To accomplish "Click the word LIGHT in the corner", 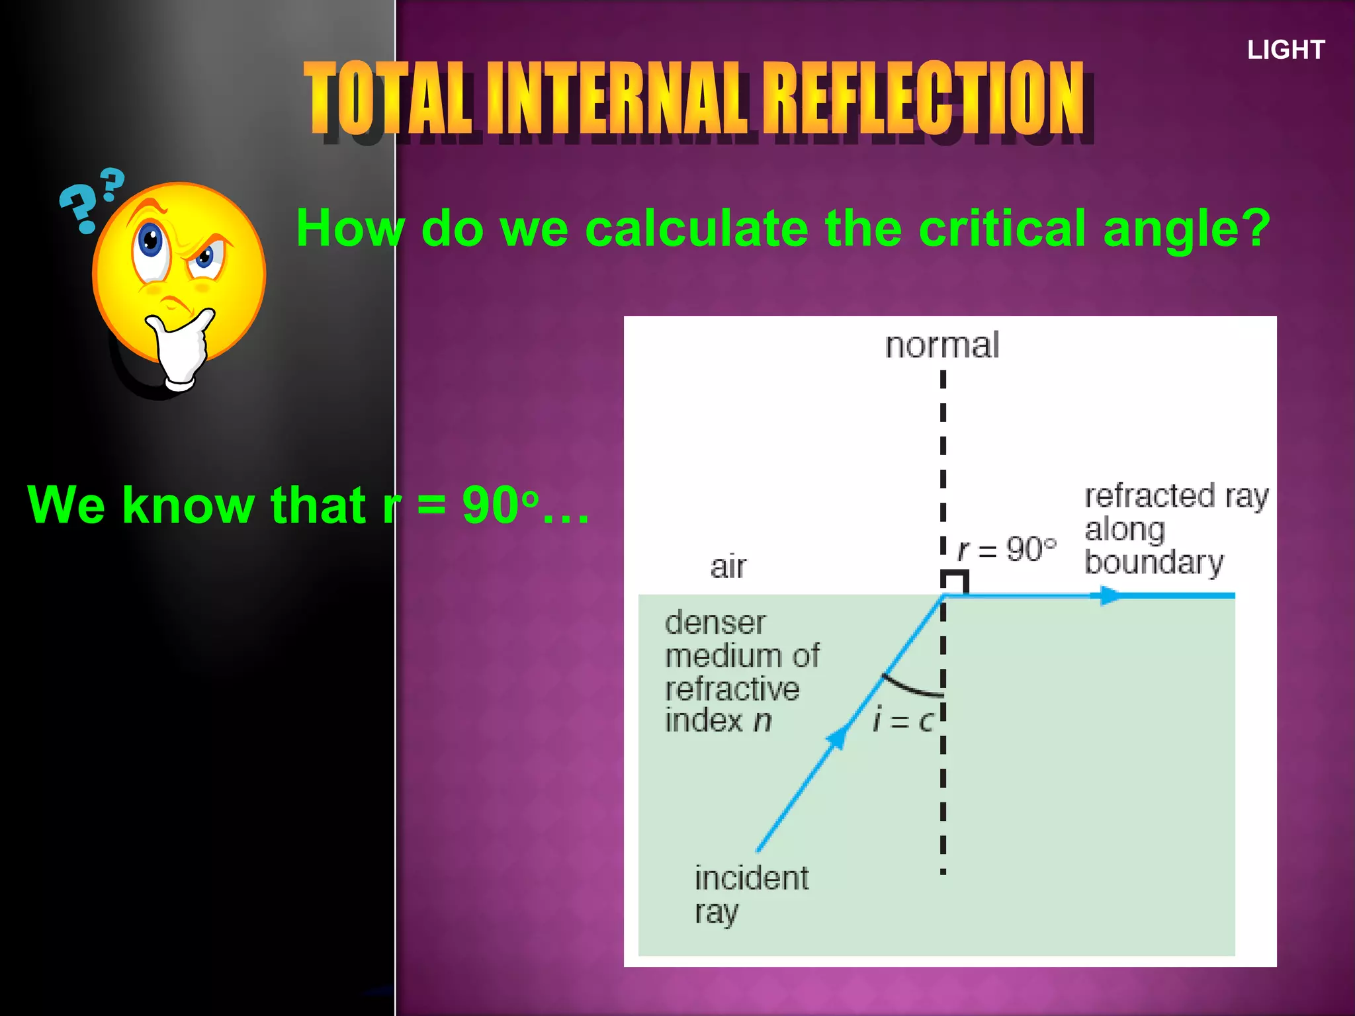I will (1286, 50).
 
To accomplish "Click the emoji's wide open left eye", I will (151, 243).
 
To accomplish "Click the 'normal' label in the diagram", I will (942, 345).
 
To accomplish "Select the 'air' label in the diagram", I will (728, 567).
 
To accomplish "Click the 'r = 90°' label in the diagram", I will (1007, 549).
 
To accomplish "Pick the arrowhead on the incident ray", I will (836, 738).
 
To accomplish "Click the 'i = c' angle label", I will (902, 720).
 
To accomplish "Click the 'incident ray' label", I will (750, 894).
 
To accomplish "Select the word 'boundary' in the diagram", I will (1154, 562).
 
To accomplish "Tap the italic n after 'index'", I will (763, 720).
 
